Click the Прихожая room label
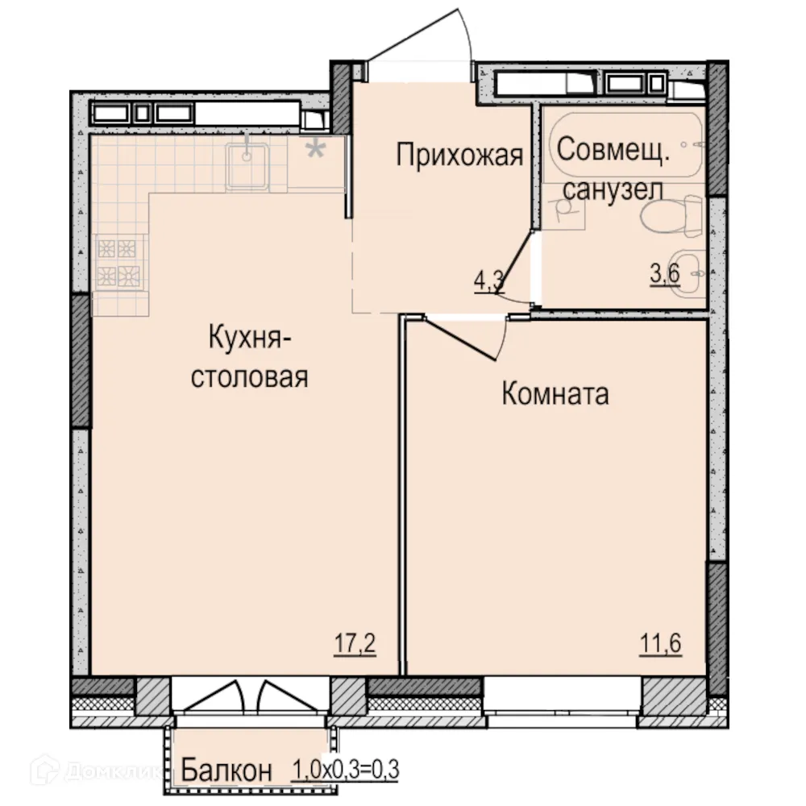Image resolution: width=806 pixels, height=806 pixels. point(459,156)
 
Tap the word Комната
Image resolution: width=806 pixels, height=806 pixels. point(555,394)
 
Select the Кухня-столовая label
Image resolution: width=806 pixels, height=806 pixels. point(249,355)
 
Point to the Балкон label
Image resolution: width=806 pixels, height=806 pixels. point(226,770)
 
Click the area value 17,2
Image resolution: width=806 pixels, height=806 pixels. point(355,644)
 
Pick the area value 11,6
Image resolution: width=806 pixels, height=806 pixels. point(661,644)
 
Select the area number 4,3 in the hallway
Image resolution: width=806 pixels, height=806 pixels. point(488,281)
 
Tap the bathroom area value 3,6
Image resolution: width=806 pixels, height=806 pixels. point(665,274)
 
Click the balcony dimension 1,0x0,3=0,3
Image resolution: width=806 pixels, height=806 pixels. point(345,770)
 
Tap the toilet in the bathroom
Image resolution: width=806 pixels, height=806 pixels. point(665,216)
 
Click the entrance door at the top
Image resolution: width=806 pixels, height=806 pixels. point(419,48)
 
